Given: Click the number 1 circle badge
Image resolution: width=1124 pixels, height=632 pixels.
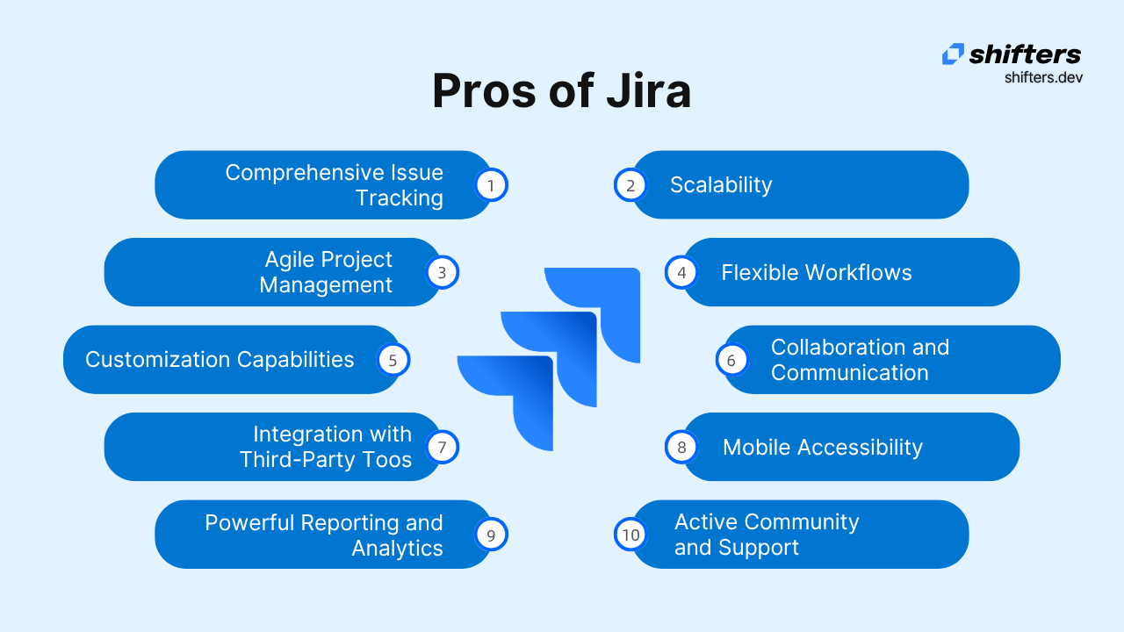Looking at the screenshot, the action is coord(491,185).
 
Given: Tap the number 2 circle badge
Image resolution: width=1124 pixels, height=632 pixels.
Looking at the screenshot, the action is coord(630,185).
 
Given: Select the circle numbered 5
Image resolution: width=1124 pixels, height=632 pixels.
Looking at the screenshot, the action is coord(393,360).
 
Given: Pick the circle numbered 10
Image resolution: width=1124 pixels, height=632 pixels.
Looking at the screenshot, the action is coord(630,535).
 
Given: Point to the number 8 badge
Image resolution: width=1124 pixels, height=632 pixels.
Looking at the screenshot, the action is coord(681,447).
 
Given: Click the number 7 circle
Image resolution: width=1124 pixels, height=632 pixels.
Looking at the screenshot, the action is coord(442,447).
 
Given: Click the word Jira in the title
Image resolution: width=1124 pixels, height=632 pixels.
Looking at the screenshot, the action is coord(648,90).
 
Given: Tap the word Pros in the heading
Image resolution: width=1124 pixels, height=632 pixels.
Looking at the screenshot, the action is coord(485,90).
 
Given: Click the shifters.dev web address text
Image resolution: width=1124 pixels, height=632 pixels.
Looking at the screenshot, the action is coord(1043,77).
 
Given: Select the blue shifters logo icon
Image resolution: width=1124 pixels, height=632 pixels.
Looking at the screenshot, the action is coord(953,54).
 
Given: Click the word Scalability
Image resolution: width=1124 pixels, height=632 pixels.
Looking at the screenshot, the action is coord(721,185).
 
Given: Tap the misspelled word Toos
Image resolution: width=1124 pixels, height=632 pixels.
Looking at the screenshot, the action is coord(387,459).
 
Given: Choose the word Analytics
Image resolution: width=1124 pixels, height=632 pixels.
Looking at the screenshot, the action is coord(398,548).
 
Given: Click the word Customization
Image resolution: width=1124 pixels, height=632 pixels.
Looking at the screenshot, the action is coord(158,360).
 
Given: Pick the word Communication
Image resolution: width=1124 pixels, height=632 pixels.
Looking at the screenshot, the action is coord(849,373).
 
